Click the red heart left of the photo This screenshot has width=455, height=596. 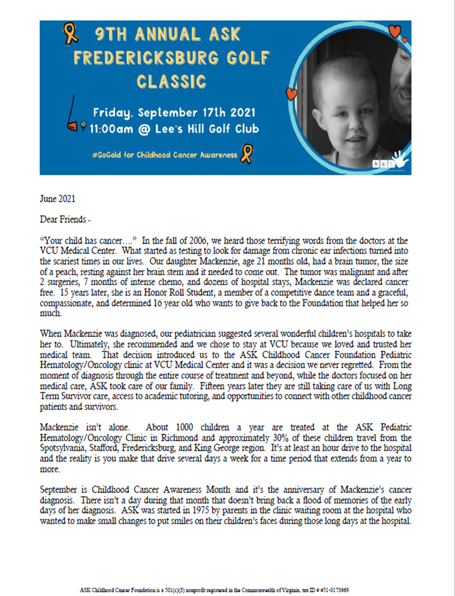291,93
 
